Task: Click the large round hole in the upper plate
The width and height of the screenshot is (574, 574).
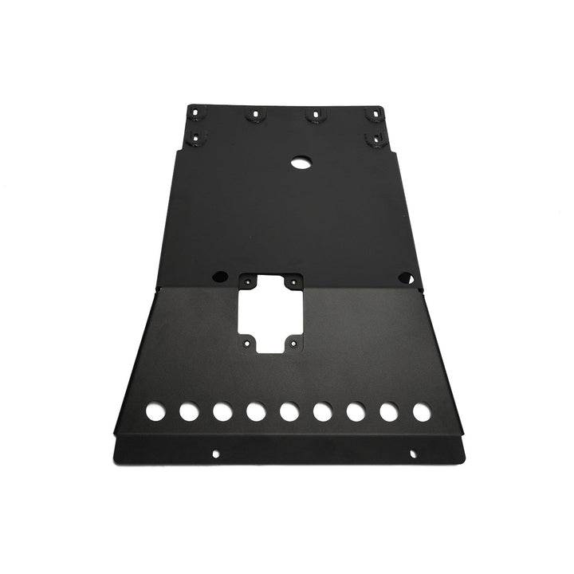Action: point(301,161)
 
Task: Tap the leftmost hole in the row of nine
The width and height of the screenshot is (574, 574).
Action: point(155,412)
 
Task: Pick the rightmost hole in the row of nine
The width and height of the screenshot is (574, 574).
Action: point(421,412)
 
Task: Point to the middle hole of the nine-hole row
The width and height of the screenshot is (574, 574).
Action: point(289,412)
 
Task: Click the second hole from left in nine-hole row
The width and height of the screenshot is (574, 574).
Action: point(189,412)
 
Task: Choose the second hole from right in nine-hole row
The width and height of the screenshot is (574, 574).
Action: point(389,412)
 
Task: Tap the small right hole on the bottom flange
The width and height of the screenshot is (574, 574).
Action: point(412,454)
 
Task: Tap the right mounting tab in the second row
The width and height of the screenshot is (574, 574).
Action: point(371,140)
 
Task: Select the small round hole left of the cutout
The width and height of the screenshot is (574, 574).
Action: point(216,278)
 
